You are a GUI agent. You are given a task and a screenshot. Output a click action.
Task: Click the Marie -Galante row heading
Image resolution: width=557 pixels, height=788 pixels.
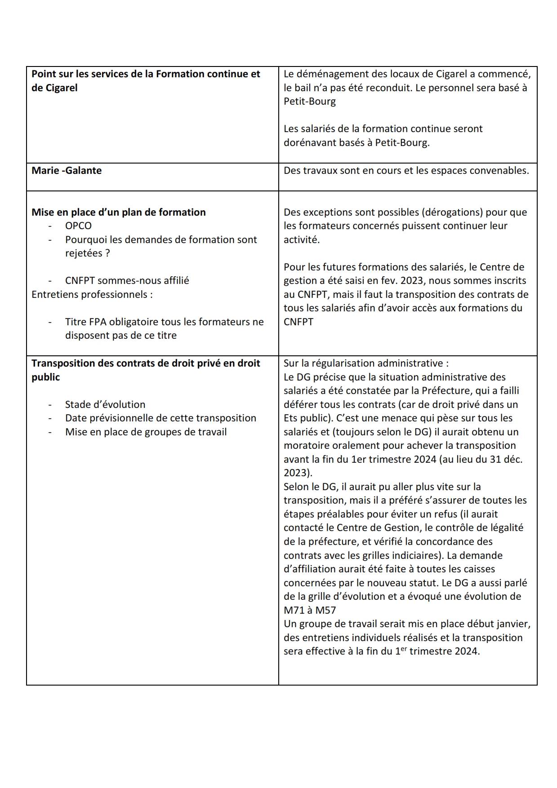click(x=67, y=171)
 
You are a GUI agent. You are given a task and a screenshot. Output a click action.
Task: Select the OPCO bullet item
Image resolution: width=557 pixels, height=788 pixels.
click(x=78, y=226)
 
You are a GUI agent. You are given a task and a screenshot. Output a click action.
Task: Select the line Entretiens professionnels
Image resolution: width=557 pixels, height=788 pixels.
click(x=92, y=295)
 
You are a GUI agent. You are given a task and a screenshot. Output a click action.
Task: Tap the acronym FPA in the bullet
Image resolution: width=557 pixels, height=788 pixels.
click(x=94, y=322)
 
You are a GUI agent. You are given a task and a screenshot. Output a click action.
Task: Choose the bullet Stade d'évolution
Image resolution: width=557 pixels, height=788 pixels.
click(x=105, y=404)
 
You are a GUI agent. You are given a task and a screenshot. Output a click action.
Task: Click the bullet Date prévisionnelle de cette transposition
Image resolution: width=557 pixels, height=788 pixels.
click(x=160, y=418)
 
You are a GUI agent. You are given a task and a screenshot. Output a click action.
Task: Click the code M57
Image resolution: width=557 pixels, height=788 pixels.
click(x=325, y=611)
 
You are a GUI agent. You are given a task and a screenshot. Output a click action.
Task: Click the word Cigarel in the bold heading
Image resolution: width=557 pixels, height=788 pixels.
click(x=61, y=88)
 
